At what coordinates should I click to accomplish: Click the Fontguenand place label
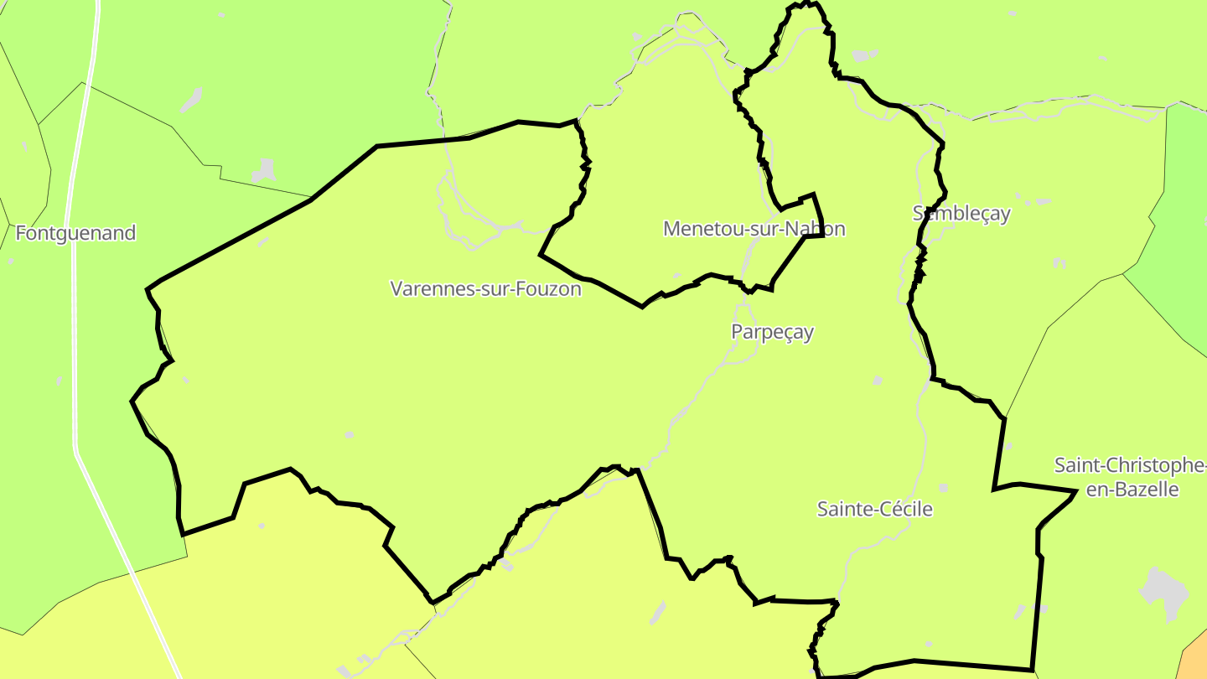[x=75, y=233]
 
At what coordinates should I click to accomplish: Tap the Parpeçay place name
[x=772, y=332]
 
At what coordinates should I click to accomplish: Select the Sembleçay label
[x=961, y=213]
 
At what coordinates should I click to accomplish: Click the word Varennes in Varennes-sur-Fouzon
[x=425, y=289]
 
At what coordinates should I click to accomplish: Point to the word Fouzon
[x=551, y=289]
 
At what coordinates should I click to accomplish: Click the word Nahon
[x=818, y=229]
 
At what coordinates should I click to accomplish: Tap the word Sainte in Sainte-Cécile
[x=841, y=509]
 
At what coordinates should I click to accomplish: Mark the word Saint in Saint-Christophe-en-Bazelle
[x=1075, y=465]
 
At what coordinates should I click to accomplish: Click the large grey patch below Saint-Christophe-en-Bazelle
[x=1164, y=592]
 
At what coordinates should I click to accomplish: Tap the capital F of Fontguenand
[x=21, y=233]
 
